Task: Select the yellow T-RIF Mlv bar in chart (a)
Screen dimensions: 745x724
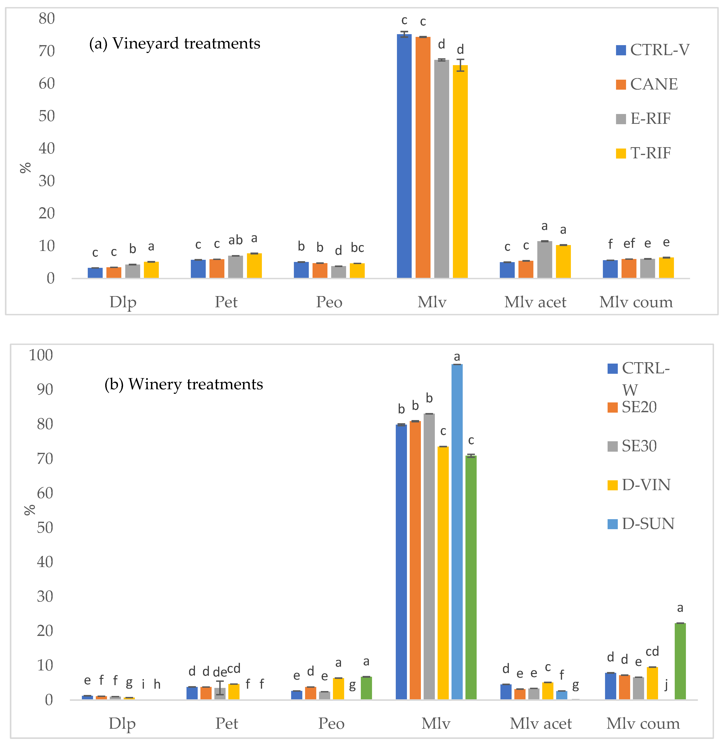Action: pyautogui.click(x=460, y=171)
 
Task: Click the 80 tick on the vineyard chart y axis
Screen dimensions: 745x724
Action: pyautogui.click(x=47, y=19)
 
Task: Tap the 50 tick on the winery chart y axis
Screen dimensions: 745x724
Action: pyautogui.click(x=45, y=528)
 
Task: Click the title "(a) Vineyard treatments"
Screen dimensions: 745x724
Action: pyautogui.click(x=175, y=44)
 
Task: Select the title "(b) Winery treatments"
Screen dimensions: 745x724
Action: pyautogui.click(x=184, y=384)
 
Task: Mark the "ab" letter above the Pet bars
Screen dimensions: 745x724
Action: pyautogui.click(x=235, y=240)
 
